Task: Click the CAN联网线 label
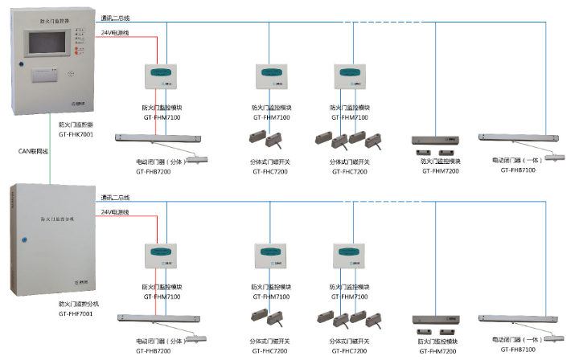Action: coord(33,151)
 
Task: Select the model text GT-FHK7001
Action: coord(76,135)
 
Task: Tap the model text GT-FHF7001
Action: coord(76,314)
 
